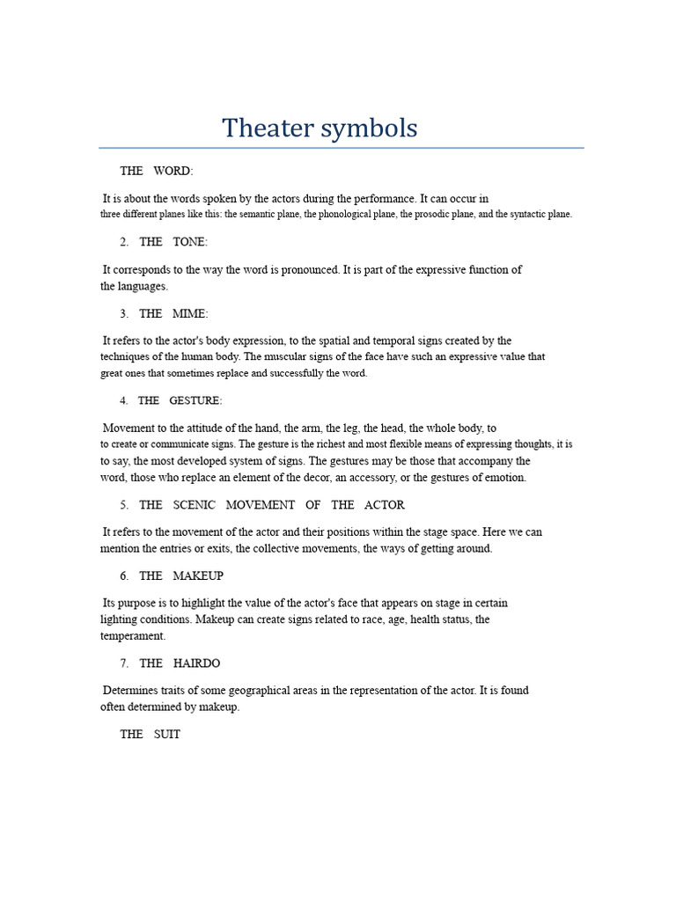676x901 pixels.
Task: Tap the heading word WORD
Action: pos(173,171)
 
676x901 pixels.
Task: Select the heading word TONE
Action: pos(190,242)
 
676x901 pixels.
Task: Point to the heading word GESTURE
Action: pos(195,400)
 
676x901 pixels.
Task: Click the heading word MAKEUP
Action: pos(198,575)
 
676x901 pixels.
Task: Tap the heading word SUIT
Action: pos(166,734)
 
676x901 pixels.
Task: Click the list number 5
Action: pos(124,505)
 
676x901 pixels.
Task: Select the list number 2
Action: pos(124,242)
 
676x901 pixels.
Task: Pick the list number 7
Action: pos(124,663)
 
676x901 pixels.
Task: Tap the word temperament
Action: pos(133,635)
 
